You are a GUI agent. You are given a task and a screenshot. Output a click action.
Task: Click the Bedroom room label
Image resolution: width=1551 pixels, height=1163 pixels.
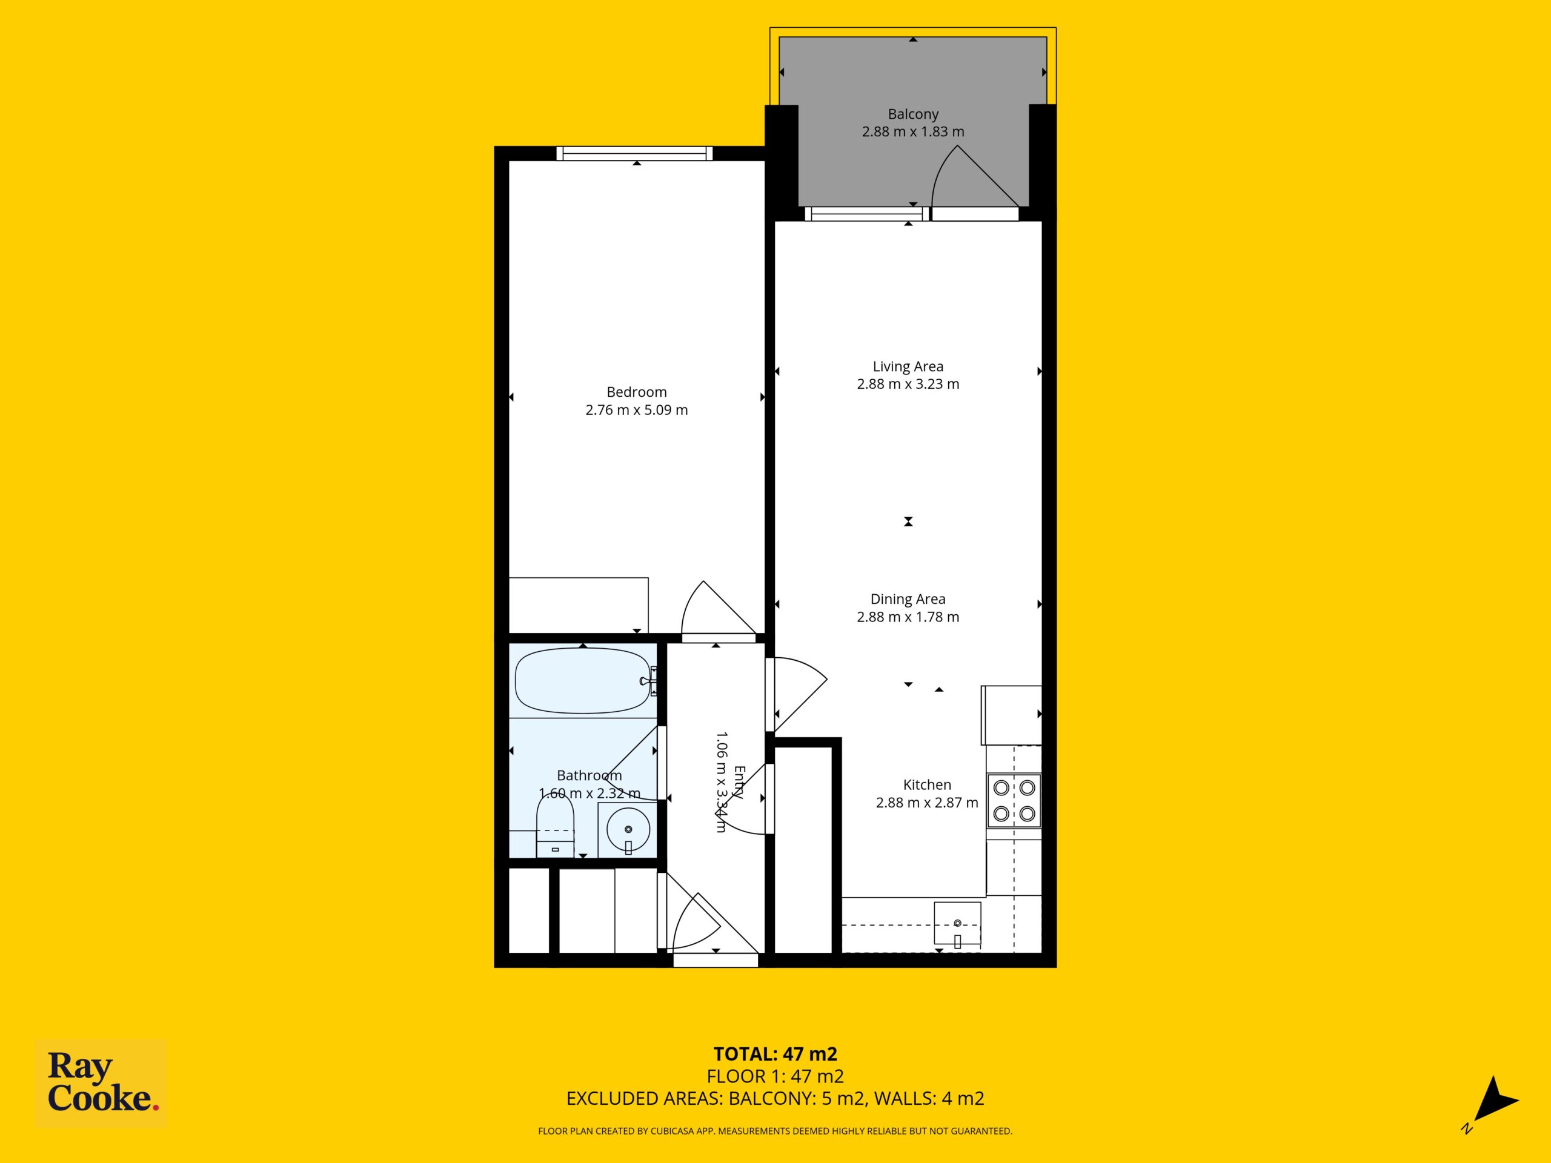pyautogui.click(x=637, y=393)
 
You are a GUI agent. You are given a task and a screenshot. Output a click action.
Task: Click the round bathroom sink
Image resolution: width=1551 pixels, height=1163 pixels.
pyautogui.click(x=628, y=830)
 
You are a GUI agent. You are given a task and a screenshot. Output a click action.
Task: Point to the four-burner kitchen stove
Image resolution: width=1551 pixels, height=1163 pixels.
pyautogui.click(x=1014, y=800)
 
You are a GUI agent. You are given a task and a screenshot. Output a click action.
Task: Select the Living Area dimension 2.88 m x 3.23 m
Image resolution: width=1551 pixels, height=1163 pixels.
pyautogui.click(x=908, y=384)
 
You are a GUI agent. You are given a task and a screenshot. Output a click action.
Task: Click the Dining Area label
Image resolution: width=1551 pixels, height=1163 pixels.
pyautogui.click(x=908, y=600)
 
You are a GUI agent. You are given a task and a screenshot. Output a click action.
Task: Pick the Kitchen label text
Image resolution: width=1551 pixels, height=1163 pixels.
pyautogui.click(x=927, y=785)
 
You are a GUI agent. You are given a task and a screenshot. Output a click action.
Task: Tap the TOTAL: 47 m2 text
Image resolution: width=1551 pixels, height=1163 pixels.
pyautogui.click(x=775, y=1053)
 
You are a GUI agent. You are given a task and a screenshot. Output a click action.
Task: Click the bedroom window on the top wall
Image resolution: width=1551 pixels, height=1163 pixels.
pyautogui.click(x=634, y=153)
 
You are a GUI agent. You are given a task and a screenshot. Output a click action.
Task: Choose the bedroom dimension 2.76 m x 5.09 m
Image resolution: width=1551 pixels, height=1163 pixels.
pyautogui.click(x=637, y=410)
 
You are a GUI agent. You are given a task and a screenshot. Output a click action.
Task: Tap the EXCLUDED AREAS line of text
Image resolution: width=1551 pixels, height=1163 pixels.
pyautogui.click(x=775, y=1099)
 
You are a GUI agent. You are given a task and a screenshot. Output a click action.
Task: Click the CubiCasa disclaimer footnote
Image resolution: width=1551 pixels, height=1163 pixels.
pyautogui.click(x=775, y=1131)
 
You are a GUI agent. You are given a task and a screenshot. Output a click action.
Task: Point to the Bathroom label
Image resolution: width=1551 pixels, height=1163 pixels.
pyautogui.click(x=589, y=775)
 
